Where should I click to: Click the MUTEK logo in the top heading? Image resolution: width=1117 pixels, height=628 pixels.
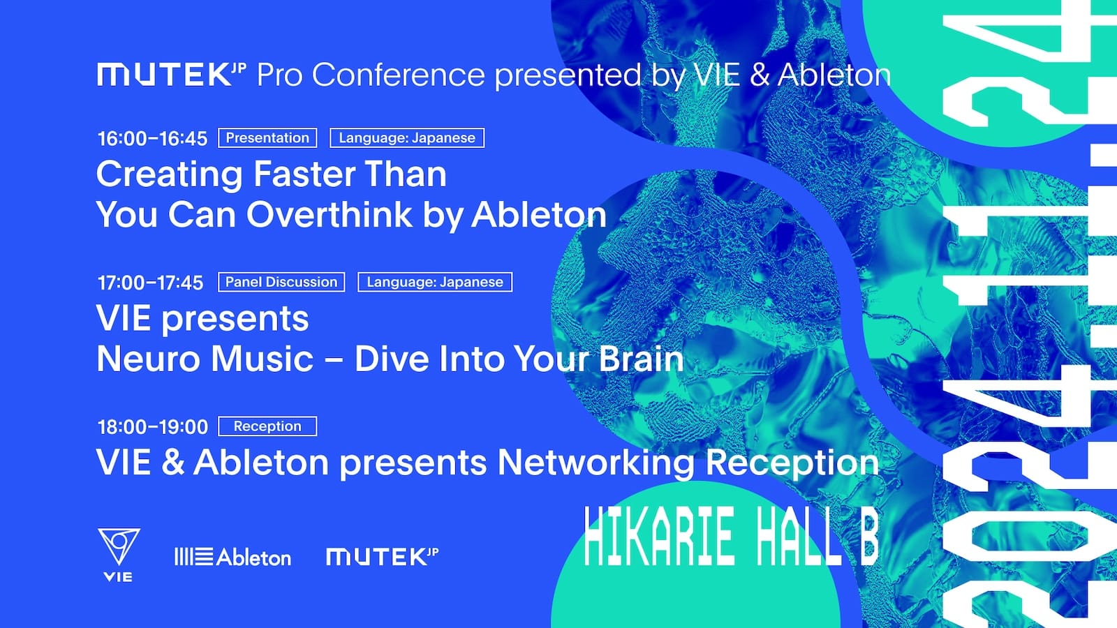coord(172,75)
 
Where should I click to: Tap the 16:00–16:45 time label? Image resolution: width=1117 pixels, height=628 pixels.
coord(153,139)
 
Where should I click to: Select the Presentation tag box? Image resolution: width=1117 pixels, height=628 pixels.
coord(267,138)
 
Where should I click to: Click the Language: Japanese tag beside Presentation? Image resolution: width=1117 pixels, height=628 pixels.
coord(407,138)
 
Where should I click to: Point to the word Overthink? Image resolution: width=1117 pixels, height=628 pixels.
coord(330,215)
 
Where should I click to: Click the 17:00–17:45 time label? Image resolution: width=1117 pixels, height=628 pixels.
coord(151,283)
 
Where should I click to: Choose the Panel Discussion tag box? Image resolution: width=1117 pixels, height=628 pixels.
coord(281,282)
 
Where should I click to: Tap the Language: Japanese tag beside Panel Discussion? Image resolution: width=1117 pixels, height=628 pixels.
coord(435,282)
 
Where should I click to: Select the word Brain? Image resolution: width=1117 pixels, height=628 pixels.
coord(641,359)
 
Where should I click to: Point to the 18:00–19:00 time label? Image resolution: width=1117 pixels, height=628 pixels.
coord(153,427)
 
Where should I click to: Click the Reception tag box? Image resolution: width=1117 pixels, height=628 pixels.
coord(267,426)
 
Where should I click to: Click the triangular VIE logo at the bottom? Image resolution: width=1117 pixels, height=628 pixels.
coord(118,555)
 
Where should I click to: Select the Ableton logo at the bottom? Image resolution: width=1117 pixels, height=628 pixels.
coord(232,557)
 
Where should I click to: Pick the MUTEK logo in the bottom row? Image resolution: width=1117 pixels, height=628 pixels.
coord(382,557)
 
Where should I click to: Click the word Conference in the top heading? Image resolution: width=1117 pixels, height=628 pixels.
coord(399,75)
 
